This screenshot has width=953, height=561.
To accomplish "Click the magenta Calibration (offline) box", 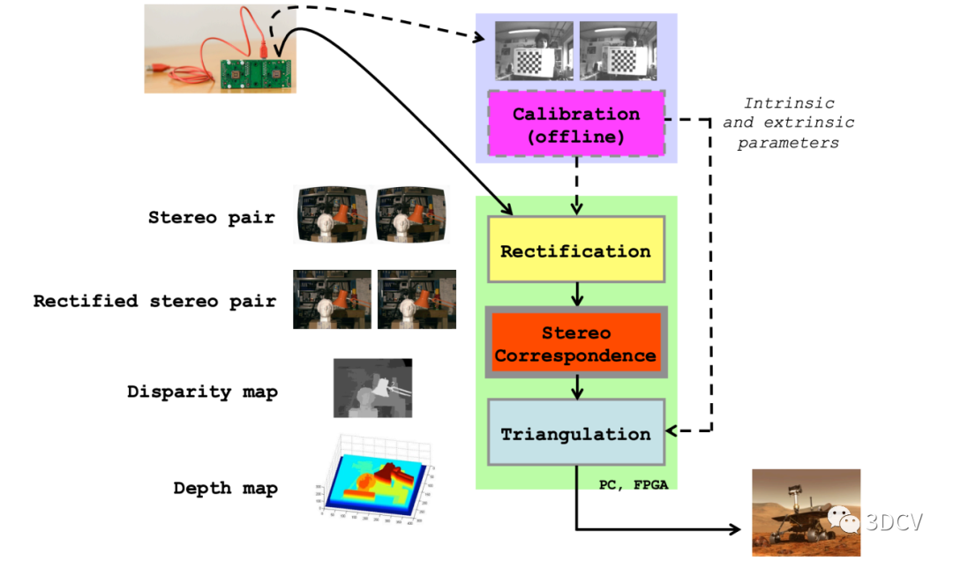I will pyautogui.click(x=575, y=124).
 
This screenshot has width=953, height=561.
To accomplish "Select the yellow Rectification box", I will pyautogui.click(x=575, y=251).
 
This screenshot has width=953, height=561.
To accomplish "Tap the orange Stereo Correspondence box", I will pyautogui.click(x=575, y=343).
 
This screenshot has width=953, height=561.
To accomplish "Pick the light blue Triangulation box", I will pyautogui.click(x=575, y=433).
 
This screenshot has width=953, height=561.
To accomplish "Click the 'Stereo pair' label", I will pyautogui.click(x=211, y=217).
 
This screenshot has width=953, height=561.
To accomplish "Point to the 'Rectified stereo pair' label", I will pyautogui.click(x=154, y=301).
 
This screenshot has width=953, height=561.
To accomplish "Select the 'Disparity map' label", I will pyautogui.click(x=202, y=392).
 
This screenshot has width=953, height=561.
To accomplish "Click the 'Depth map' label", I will pyautogui.click(x=225, y=488).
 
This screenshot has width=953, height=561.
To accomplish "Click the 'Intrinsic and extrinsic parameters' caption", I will pyautogui.click(x=788, y=123).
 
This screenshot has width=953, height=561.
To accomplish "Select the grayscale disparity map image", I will pyautogui.click(x=372, y=388).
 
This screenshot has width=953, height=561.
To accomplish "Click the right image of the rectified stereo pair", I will pyautogui.click(x=416, y=300).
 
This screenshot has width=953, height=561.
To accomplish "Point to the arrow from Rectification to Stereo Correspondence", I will pyautogui.click(x=575, y=293).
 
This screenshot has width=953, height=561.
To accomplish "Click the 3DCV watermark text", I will pyautogui.click(x=893, y=522).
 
